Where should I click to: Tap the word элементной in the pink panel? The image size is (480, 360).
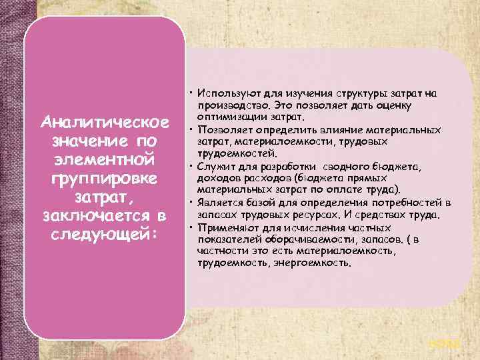104,162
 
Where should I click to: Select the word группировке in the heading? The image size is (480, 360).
104,181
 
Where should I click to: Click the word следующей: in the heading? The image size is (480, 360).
104,237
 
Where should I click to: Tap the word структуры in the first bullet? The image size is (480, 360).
340,93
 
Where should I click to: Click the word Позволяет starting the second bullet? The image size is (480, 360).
223,129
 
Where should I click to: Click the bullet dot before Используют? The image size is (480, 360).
190,93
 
